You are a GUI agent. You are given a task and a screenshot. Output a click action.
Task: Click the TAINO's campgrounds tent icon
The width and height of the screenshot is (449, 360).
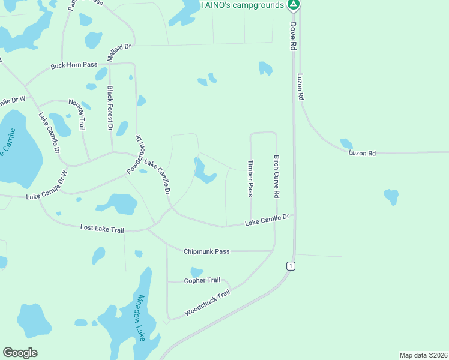293,5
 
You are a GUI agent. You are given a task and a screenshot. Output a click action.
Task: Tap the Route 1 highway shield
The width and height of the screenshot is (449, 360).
291,266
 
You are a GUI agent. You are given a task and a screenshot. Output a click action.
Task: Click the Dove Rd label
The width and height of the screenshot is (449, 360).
294,35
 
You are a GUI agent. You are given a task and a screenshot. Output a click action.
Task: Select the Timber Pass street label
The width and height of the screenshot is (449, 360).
250,178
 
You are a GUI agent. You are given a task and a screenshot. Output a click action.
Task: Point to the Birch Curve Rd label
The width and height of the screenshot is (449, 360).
277,177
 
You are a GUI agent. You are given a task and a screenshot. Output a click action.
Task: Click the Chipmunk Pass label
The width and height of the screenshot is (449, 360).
206,251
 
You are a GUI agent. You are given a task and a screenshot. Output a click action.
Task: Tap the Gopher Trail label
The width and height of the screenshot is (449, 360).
202,280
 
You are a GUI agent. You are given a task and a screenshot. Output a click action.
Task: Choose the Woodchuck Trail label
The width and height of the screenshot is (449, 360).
207,302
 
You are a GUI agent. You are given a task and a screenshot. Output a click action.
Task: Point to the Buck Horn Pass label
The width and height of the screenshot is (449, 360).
74,65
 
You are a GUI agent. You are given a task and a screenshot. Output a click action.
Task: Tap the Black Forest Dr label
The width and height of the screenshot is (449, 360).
110,108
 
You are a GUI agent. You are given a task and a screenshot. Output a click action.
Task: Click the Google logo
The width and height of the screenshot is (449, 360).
20,353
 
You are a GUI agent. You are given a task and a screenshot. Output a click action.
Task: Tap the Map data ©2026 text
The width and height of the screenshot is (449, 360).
423,355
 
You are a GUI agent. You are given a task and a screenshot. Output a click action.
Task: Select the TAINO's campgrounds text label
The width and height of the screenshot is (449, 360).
243,5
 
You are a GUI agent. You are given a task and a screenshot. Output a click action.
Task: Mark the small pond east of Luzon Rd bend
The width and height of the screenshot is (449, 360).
346,143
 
